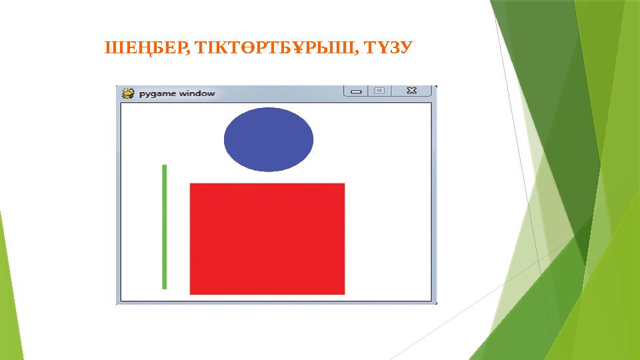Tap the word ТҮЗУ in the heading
point(393,48)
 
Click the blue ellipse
point(268,139)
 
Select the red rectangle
point(267,239)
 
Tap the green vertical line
point(164,227)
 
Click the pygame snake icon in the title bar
point(128,93)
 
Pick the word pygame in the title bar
point(157,93)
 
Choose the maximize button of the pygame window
point(379,91)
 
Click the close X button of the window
point(411,91)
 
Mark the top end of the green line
point(164,166)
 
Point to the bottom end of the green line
point(164,287)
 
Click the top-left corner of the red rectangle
point(191,184)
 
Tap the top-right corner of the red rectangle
point(344,184)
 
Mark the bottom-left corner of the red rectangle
point(191,293)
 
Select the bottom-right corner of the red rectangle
point(344,293)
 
